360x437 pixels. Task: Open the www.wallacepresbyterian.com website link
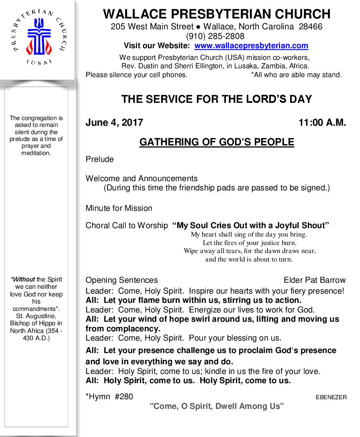[x=251, y=46]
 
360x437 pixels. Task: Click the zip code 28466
[x=311, y=27]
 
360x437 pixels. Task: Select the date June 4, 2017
[x=114, y=123]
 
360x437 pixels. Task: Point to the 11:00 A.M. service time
[x=322, y=123]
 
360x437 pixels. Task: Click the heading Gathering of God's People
[x=217, y=142]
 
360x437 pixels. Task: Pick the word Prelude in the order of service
[x=100, y=159]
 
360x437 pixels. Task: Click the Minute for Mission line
[x=119, y=208]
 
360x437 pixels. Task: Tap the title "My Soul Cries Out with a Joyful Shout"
[x=251, y=225]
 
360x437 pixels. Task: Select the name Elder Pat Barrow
[x=314, y=280]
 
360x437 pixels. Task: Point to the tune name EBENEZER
[x=331, y=397]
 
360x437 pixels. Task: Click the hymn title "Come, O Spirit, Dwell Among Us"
[x=217, y=406]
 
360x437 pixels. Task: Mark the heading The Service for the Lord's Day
[x=217, y=99]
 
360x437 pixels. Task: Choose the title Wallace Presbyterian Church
[x=217, y=14]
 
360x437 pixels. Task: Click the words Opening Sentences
[x=122, y=280]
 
